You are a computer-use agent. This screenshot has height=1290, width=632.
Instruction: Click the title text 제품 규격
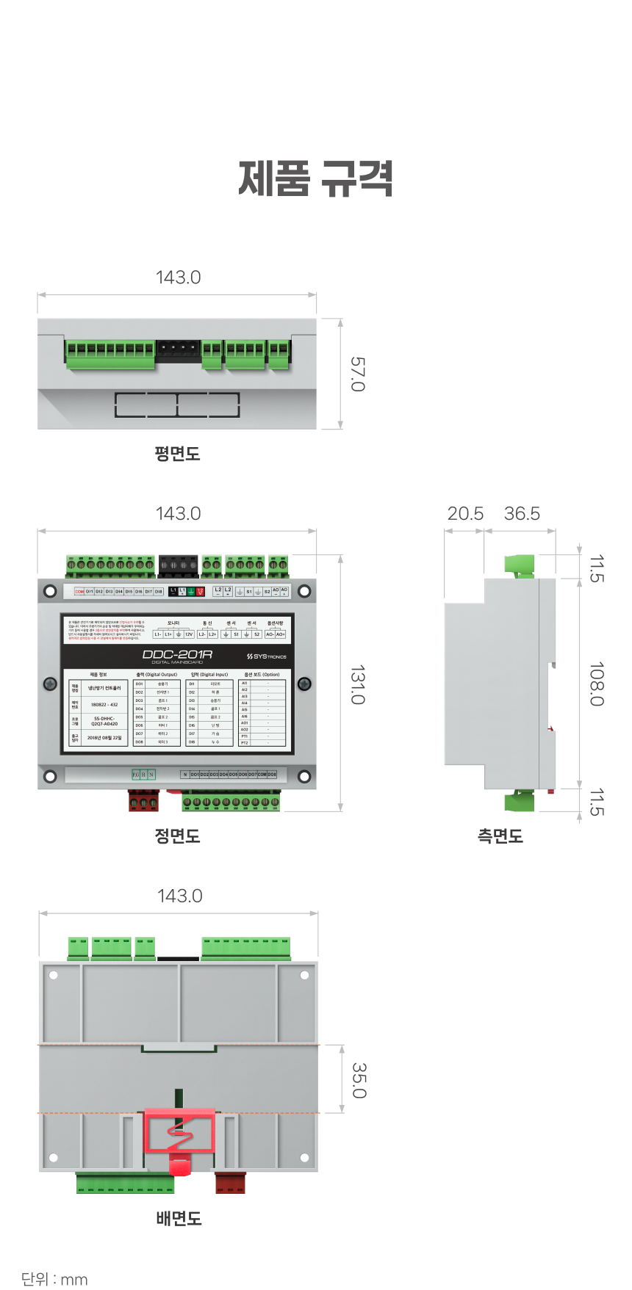pos(316,179)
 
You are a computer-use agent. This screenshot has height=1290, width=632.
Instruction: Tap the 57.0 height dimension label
pos(357,374)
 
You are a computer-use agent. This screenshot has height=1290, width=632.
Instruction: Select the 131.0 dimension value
pos(357,684)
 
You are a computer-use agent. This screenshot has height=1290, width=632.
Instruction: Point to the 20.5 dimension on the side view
pos(465,514)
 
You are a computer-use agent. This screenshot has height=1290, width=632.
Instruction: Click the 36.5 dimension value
pos(522,514)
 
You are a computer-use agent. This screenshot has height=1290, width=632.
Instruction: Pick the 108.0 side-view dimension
pos(597,684)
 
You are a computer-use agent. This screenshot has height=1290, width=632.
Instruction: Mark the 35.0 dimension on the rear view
pos(359,1080)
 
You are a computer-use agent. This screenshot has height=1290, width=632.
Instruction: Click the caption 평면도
pos(177,454)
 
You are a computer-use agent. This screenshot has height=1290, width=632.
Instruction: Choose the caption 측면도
pos(500,836)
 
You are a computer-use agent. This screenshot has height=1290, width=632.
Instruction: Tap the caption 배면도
pos(179,1219)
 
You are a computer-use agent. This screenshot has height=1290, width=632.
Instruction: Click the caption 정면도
pos(177,836)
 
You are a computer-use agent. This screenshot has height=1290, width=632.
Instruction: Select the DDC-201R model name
pos(177,654)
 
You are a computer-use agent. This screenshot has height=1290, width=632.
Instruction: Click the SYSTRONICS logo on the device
pos(267,656)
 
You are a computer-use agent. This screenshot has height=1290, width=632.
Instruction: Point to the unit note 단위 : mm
pos(54,1279)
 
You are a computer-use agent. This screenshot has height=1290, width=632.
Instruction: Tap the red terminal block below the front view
pos(143,800)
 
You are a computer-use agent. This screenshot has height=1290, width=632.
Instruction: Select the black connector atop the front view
pos(179,565)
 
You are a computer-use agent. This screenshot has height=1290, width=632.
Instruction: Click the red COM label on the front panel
pos(79,591)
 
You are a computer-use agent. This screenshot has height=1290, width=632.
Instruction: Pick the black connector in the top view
pos(179,350)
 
